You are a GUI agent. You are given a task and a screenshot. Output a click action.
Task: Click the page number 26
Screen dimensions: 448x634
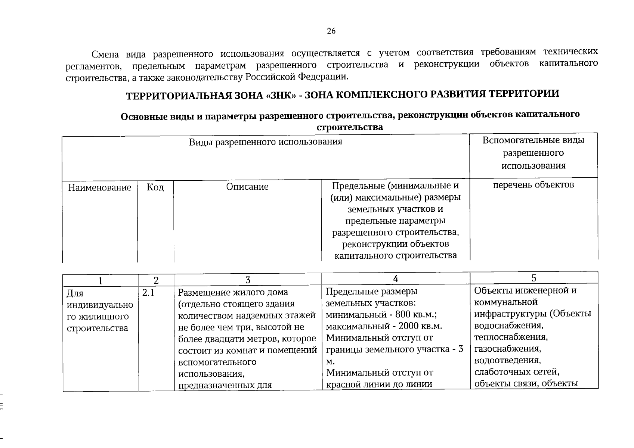point(331,31)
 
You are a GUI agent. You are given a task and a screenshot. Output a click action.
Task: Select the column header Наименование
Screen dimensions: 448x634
point(99,187)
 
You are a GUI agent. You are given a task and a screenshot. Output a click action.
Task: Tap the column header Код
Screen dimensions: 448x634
point(155,187)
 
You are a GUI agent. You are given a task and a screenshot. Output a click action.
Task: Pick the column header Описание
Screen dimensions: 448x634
point(247,186)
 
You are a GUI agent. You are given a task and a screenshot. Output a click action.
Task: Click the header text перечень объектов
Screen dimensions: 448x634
point(533,184)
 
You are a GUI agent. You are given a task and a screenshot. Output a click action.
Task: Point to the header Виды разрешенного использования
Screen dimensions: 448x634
point(265,142)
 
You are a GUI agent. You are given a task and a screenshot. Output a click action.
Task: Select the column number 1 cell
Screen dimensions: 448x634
point(100,280)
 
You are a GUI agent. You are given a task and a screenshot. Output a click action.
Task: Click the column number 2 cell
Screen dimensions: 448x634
point(156,280)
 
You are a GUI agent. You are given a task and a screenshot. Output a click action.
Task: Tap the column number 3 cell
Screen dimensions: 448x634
point(248,280)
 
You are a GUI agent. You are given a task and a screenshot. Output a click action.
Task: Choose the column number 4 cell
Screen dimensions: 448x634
point(396,279)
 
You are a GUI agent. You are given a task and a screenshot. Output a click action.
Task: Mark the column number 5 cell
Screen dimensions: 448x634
point(534,278)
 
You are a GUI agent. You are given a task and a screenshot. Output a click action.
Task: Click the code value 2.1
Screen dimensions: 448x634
point(148,293)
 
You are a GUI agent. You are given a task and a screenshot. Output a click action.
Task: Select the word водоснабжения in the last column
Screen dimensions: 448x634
point(508,326)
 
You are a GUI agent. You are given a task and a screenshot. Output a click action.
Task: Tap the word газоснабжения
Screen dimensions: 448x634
point(507,349)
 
